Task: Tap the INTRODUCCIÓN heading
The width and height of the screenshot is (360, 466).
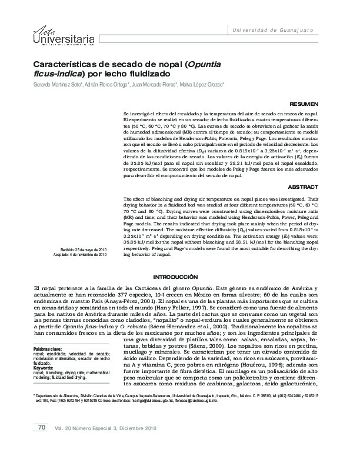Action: tap(179, 276)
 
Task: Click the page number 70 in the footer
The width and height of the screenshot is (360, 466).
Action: tap(42, 444)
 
